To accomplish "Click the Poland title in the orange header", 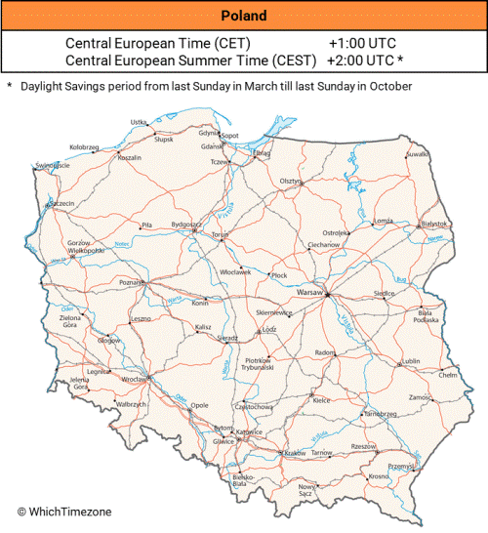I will (244, 15).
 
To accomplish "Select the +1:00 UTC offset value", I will (362, 44).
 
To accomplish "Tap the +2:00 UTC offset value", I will (366, 61).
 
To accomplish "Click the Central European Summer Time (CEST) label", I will (191, 61).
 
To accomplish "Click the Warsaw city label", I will (310, 291).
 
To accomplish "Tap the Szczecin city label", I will (61, 204).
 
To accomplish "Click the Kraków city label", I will (295, 453).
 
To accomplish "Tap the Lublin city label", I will (410, 361).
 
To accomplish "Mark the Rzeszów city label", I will (364, 445).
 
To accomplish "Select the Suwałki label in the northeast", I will (418, 154).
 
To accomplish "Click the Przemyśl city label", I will (401, 467).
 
